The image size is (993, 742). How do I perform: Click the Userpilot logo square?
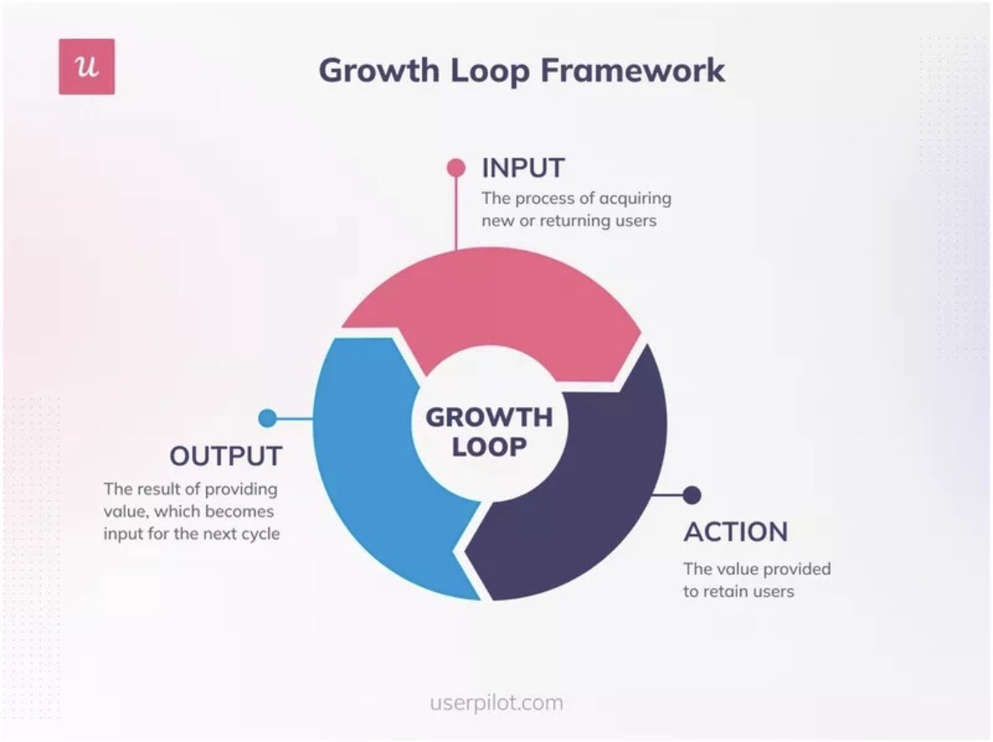87,66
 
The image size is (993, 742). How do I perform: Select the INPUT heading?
522,168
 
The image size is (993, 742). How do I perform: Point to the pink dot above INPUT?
457,167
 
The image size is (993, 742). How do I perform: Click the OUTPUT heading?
226,456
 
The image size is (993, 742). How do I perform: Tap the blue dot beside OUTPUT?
267,418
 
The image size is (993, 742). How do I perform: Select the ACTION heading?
736,533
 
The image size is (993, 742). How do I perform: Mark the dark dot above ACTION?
692,494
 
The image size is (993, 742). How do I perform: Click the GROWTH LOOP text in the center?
489,431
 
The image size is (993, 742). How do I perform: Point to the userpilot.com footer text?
496,703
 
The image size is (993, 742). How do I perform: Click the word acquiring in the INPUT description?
634,198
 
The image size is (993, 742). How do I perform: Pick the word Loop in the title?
481,70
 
